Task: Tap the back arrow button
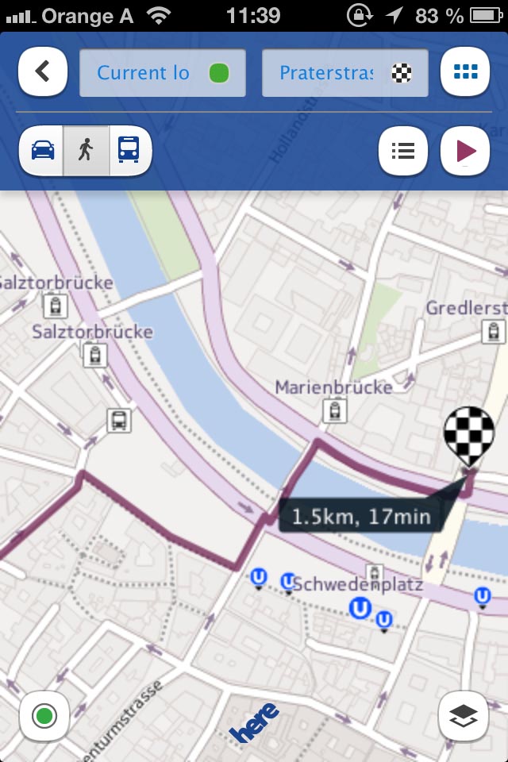[x=42, y=72]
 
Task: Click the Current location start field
[x=163, y=73]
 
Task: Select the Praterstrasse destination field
[x=344, y=73]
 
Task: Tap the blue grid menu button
[x=465, y=72]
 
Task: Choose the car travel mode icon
[x=43, y=149]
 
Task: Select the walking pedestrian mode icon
[x=86, y=149]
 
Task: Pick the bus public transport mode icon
[x=128, y=149]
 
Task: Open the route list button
[x=403, y=150]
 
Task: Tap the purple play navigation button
[x=465, y=150]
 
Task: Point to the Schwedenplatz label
[x=357, y=585]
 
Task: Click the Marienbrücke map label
[x=333, y=387]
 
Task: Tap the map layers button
[x=463, y=716]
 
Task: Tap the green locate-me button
[x=44, y=717]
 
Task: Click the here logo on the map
[x=255, y=722]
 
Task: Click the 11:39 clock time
[x=253, y=15]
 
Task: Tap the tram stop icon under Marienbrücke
[x=334, y=410]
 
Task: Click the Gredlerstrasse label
[x=465, y=307]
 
